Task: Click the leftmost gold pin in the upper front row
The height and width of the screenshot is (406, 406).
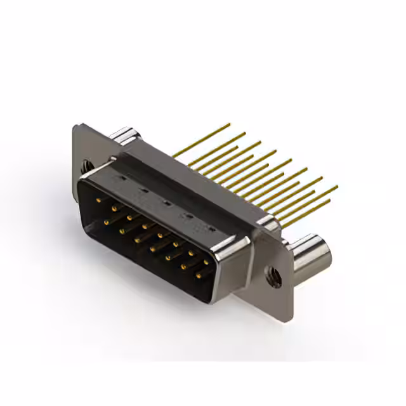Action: [x=98, y=200]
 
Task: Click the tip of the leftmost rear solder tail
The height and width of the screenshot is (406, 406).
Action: [x=230, y=124]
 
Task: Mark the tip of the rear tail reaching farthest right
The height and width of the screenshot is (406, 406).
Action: [x=337, y=187]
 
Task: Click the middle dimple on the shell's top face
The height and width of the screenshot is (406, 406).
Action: [x=167, y=203]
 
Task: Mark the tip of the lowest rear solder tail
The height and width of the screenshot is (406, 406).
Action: [x=331, y=202]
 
